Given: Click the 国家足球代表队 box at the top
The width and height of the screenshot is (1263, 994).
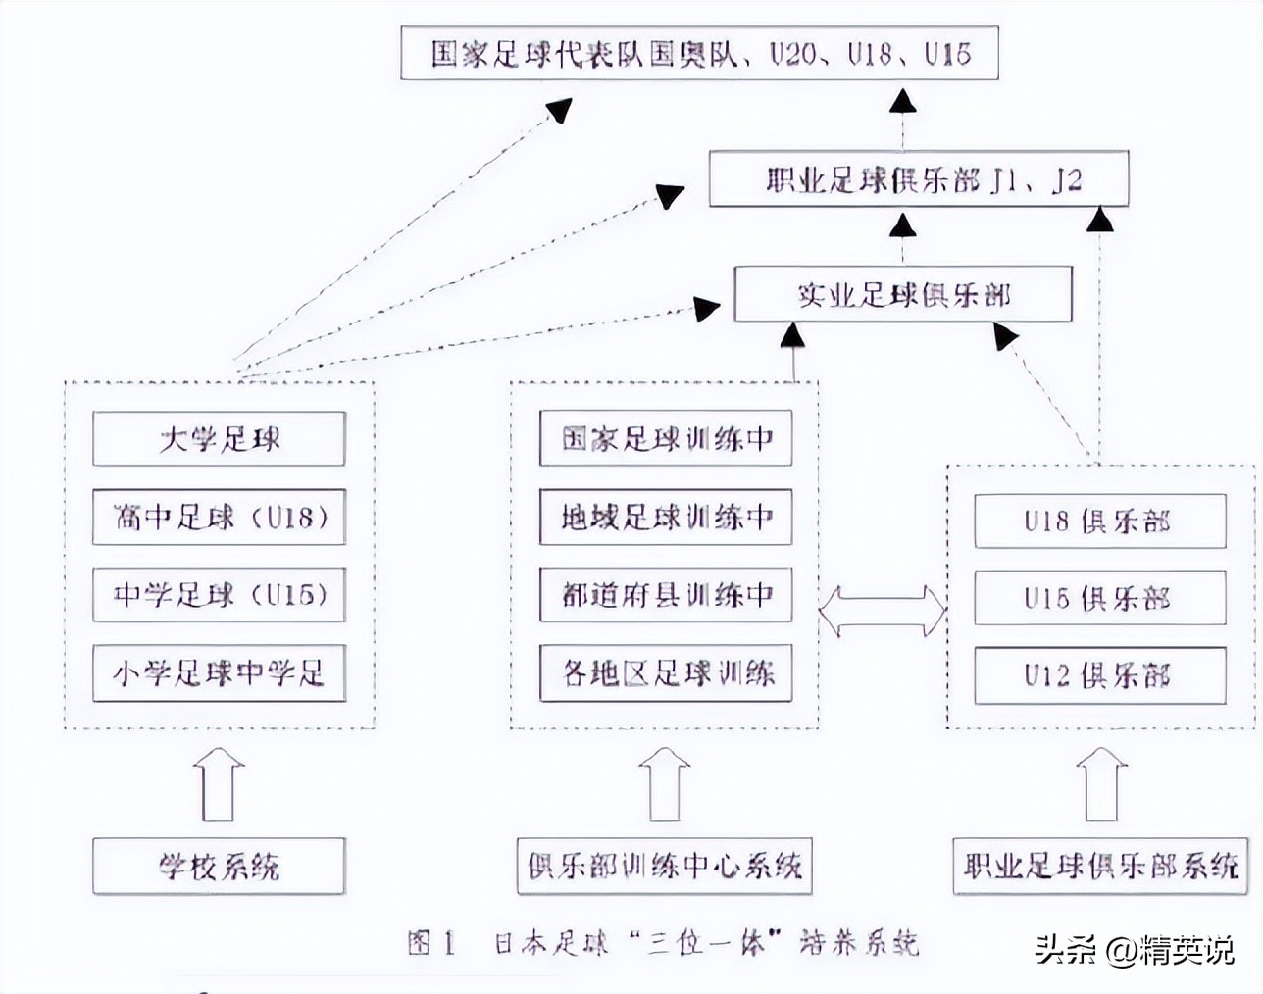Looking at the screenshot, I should [x=699, y=53].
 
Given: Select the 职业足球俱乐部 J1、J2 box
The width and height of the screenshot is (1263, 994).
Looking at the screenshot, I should [x=919, y=179].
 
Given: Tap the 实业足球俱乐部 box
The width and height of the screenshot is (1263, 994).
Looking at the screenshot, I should [x=903, y=295].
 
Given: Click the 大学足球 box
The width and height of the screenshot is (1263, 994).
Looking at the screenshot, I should [x=219, y=438].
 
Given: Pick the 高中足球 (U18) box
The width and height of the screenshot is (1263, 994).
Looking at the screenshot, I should [x=219, y=517].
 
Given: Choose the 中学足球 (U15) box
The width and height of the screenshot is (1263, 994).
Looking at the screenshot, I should [x=219, y=595].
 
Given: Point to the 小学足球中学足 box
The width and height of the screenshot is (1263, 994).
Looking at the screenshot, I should [x=219, y=673].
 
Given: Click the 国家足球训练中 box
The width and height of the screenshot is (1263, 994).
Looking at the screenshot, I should [x=666, y=438].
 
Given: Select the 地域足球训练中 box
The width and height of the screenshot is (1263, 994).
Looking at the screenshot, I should [x=666, y=517].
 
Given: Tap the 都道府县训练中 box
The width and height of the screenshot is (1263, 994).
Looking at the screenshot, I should [x=666, y=595].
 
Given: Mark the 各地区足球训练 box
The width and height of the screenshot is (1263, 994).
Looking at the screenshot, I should [x=666, y=673].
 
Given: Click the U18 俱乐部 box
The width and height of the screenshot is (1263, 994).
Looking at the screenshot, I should [x=1099, y=521].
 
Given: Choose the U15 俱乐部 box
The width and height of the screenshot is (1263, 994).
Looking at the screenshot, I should [x=1099, y=598].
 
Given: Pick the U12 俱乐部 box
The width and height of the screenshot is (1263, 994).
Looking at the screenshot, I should [x=1099, y=675].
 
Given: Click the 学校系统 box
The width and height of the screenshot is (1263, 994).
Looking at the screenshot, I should [x=219, y=866].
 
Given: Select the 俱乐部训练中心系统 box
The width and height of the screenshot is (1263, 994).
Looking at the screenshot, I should [x=665, y=866].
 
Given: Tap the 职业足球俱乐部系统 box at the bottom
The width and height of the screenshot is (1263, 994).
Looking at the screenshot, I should [x=1099, y=866].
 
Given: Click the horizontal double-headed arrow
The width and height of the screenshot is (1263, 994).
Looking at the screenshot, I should [x=881, y=612].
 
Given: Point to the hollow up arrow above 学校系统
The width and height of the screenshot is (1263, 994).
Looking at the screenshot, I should [x=219, y=784].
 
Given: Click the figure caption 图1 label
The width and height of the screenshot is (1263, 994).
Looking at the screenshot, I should [x=432, y=943].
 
